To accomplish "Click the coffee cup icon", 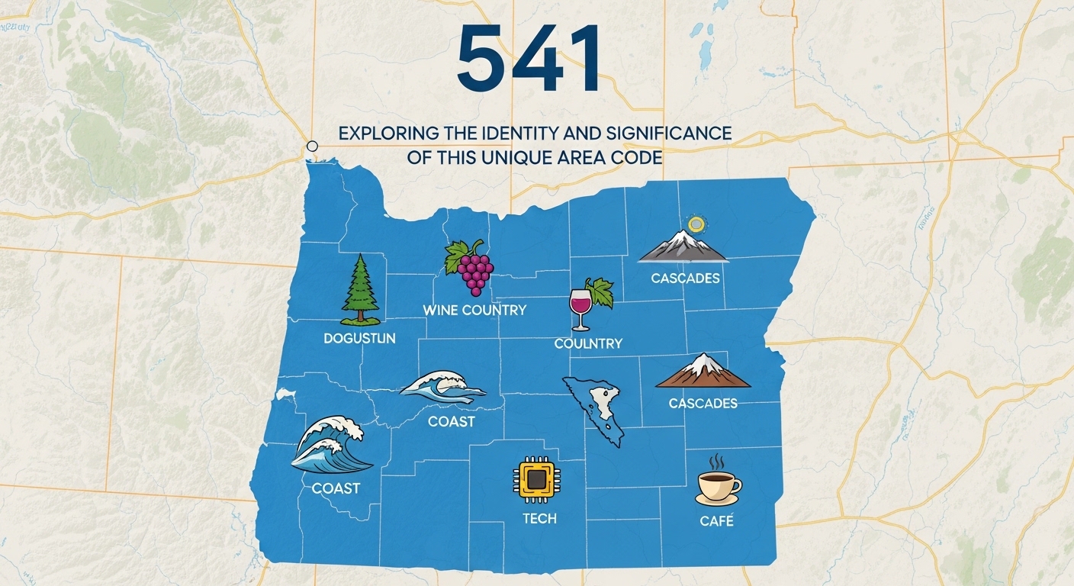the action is point(718,486).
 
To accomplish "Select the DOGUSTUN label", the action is point(359,338).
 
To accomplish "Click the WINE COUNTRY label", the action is point(474,310).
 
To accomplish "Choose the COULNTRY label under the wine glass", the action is point(588,344).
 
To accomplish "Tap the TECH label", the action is point(539,519).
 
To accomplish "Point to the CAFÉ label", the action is point(717,521).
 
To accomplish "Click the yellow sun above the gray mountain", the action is point(696,224).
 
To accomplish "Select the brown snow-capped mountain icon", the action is point(703,372).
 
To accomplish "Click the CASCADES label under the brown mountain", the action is point(703,403).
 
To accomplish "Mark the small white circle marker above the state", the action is point(311,146).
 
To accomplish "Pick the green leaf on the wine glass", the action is point(602,293).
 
